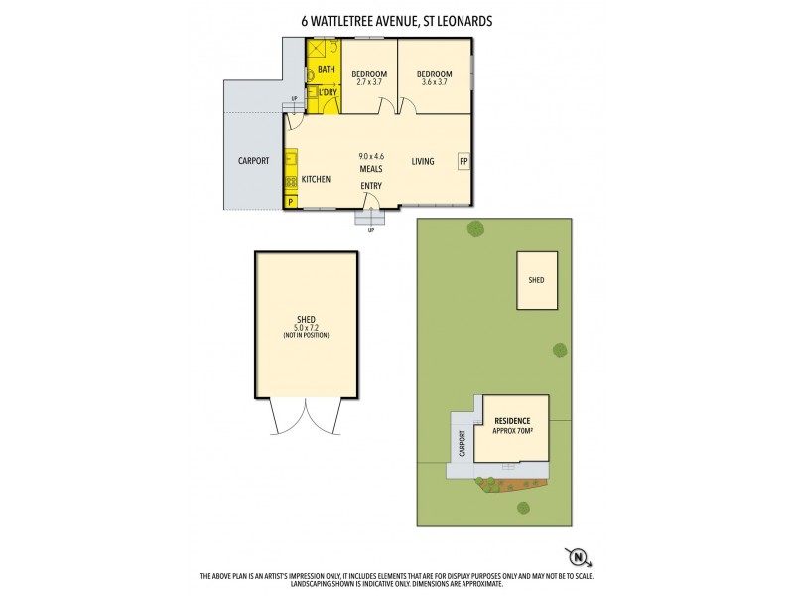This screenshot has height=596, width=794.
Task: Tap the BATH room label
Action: tap(327, 70)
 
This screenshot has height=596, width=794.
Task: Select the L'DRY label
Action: tap(328, 93)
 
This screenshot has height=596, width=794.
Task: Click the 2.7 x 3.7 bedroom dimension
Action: tap(369, 82)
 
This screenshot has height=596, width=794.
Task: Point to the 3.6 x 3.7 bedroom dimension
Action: tap(434, 82)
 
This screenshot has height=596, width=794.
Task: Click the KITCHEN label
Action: tap(316, 179)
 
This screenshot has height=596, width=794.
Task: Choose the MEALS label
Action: tap(372, 170)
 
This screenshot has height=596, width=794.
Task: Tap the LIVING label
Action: tap(423, 161)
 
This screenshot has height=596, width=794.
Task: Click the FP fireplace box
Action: tap(463, 161)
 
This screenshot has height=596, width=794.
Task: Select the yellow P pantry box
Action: tap(290, 202)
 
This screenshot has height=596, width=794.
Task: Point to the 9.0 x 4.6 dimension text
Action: tap(372, 156)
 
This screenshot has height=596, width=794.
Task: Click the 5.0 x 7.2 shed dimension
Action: tap(305, 327)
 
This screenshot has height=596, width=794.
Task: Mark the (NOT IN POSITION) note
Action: tap(305, 335)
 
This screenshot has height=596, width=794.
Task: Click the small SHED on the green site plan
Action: tap(535, 280)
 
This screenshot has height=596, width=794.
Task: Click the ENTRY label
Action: tap(371, 186)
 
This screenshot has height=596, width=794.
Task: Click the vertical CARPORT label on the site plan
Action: tap(462, 443)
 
